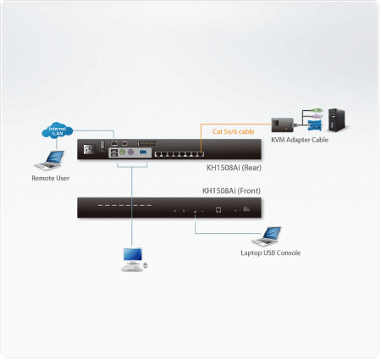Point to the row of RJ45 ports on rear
[x=178, y=152]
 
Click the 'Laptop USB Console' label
[x=270, y=252]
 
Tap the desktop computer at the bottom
[x=132, y=258]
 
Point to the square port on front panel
[x=218, y=208]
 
